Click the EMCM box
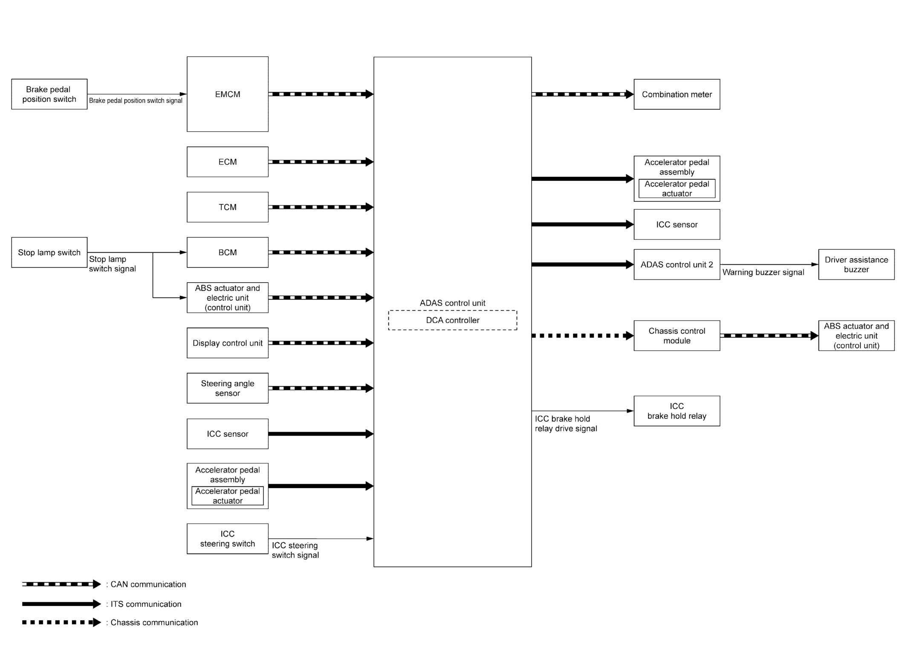coord(227,94)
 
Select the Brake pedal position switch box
coord(49,94)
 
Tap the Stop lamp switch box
coord(49,252)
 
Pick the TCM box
coord(227,207)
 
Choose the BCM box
coord(227,252)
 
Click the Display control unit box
coord(227,343)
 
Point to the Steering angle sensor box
coord(227,388)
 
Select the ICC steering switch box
coord(227,538)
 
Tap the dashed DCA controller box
coord(452,320)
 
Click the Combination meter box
coord(677,94)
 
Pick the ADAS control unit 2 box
coord(677,264)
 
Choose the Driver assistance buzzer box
coord(856,264)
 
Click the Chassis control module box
coord(677,335)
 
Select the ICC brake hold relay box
coord(677,411)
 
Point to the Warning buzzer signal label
coord(763,272)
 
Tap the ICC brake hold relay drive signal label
coord(566,424)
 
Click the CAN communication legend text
coord(148,584)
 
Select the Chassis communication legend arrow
coord(61,622)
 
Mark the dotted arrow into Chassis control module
coord(582,335)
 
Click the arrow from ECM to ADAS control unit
coord(321,162)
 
